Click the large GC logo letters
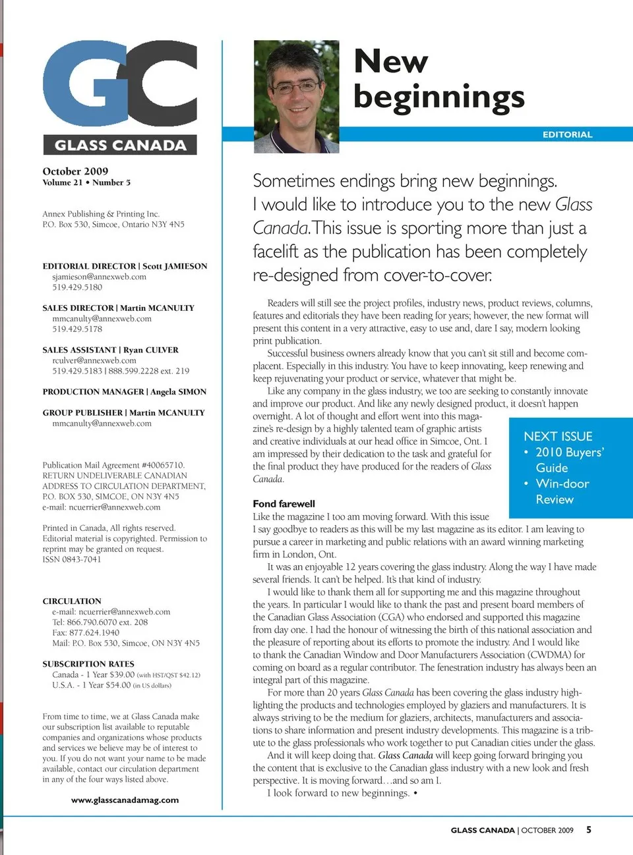coord(120,84)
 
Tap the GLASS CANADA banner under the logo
coord(120,145)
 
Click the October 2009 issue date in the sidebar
coord(75,171)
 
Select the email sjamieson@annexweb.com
coord(99,277)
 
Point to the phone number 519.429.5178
coord(77,329)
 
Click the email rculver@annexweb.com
coord(94,360)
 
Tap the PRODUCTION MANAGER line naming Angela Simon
coord(124,392)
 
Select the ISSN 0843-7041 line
coord(72,559)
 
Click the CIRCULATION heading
coord(72,601)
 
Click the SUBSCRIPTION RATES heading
coord(88,664)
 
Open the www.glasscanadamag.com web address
coord(125,800)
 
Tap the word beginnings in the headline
coord(438,96)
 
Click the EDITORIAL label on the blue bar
coord(567,134)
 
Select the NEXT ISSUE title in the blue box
coord(558,436)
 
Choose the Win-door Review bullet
coord(562,491)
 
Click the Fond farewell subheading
coord(284,504)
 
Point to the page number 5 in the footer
coord(589,830)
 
